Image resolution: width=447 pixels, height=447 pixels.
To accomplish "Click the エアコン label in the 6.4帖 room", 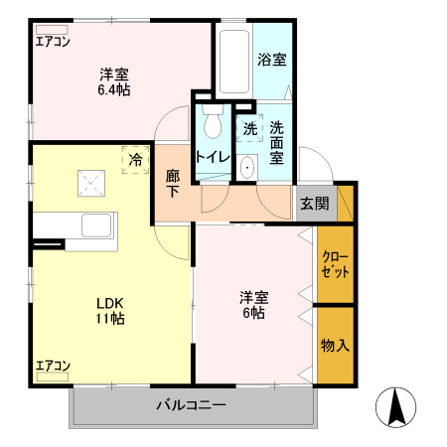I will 53,42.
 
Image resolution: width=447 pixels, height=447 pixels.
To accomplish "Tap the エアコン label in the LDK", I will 53,366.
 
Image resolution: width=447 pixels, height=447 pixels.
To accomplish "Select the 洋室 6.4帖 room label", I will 114,81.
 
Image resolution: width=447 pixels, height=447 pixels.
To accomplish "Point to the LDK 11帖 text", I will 109,310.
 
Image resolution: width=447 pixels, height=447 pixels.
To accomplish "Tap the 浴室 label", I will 271,59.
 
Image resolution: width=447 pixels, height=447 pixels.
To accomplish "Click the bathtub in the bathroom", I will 233,60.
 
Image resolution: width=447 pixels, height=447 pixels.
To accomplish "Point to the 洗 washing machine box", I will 248,127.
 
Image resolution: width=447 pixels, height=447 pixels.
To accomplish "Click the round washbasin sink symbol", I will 247,168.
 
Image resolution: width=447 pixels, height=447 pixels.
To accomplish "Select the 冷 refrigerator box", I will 134,158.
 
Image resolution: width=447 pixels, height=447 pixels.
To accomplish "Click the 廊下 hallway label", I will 173,183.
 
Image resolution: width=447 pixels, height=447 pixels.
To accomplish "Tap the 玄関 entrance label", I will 314,204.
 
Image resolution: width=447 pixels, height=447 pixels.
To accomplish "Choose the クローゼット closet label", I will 335,264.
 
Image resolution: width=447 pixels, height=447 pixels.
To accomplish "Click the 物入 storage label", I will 335,345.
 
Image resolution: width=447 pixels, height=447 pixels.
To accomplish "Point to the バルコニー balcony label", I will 191,405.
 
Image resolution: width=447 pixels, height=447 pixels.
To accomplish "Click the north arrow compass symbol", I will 395,406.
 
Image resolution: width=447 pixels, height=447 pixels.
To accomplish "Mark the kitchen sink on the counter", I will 98,224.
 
